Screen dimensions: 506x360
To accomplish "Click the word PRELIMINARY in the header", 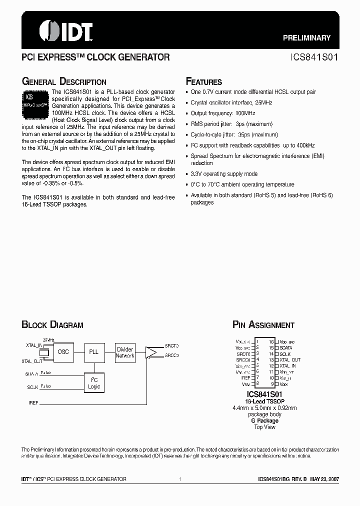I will click(306, 38).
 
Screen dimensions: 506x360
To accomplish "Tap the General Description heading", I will click(63, 82).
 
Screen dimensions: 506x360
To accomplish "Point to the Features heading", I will click(203, 82).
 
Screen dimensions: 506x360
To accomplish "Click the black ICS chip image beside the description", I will click(35, 103).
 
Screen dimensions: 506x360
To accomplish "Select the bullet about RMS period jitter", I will click(231, 124).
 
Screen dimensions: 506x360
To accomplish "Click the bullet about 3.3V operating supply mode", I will click(224, 174).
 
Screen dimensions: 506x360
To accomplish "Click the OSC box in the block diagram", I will click(63, 352).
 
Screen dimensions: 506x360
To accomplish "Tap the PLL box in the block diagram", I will click(94, 352).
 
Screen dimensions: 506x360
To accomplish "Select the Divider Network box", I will click(125, 352).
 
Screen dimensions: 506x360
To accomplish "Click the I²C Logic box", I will click(94, 383).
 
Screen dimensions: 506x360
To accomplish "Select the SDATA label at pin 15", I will click(286, 347).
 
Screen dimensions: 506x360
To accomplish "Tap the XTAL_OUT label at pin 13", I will click(290, 360).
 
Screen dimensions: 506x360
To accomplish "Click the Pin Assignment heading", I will click(263, 325).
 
